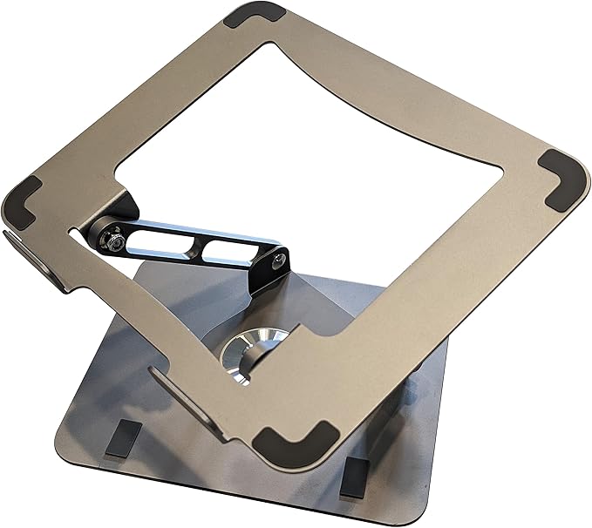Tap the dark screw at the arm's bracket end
pos(278,260)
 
